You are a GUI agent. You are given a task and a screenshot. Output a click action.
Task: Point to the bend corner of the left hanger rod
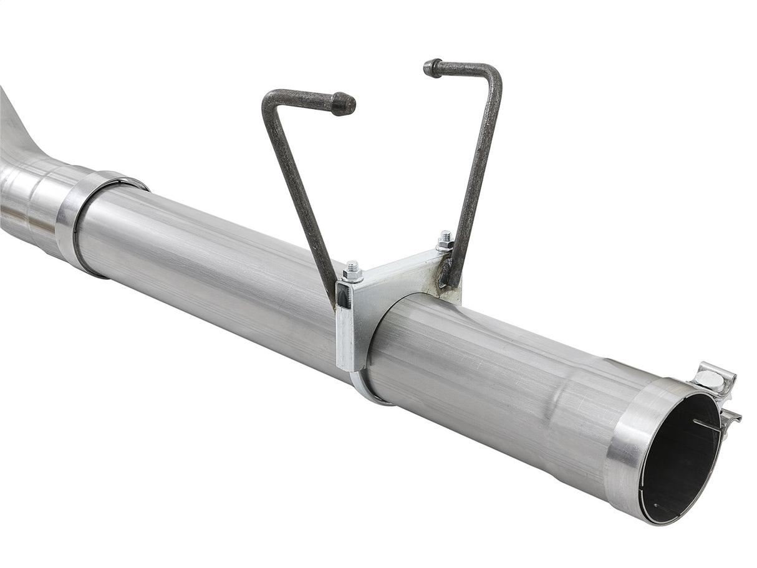click(270, 100)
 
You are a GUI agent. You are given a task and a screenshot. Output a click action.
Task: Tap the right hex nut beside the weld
click(445, 241)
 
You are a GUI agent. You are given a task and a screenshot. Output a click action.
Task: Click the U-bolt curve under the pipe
click(368, 390)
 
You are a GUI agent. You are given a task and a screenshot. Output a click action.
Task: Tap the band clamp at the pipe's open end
click(630, 436)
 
